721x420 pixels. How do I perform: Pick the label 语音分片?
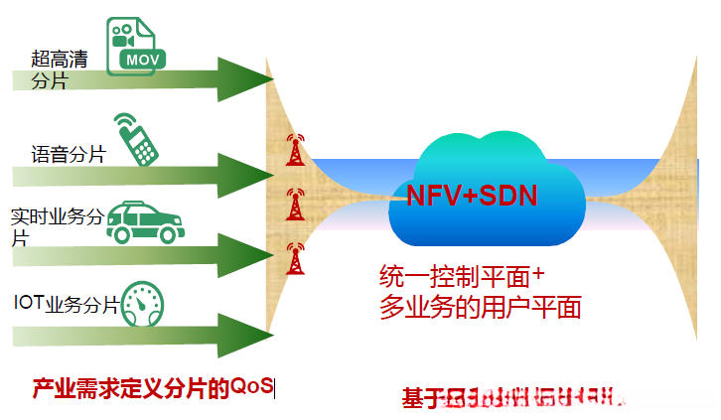(x=68, y=154)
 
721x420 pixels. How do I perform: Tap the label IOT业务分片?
(x=66, y=304)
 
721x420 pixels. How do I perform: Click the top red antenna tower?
(x=293, y=150)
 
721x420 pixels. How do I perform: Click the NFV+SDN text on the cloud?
(x=472, y=195)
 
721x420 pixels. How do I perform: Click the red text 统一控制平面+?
(x=464, y=275)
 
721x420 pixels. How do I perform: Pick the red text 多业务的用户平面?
(x=480, y=307)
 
